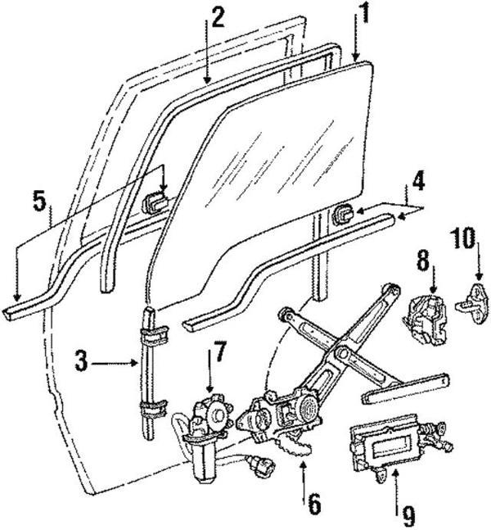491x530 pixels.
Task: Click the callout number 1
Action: [x=359, y=15]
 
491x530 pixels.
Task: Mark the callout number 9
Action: [x=408, y=517]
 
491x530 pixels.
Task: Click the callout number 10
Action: [x=464, y=239]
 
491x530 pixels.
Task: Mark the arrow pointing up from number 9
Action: [x=396, y=478]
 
